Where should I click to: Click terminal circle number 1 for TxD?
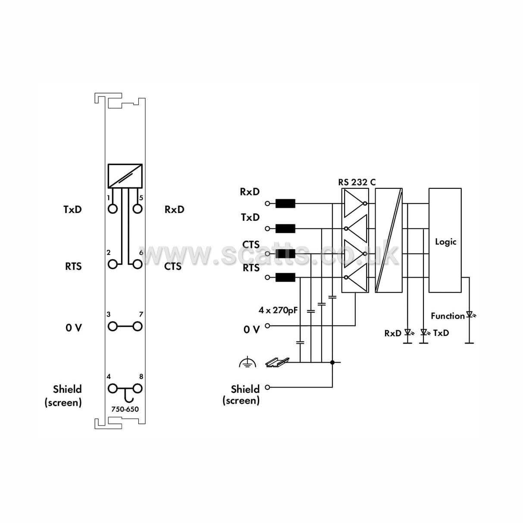113,209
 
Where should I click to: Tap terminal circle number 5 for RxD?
138,209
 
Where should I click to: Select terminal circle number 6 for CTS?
138,264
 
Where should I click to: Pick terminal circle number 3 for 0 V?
113,326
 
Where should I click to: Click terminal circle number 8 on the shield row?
138,388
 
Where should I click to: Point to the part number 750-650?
125,409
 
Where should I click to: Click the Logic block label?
446,242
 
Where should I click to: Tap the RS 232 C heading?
357,182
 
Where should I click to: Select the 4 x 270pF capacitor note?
278,310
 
